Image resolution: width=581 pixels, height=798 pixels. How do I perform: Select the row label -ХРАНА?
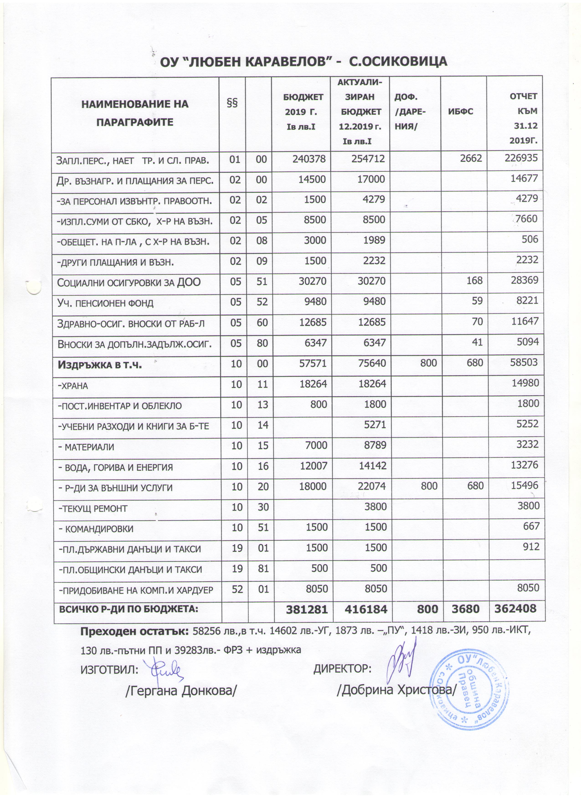(x=73, y=386)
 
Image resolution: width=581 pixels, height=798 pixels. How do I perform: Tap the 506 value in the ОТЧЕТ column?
(x=530, y=239)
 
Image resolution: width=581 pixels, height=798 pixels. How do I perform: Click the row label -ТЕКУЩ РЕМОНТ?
(x=92, y=508)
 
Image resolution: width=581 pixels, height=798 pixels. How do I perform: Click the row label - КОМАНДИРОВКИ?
(x=95, y=529)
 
